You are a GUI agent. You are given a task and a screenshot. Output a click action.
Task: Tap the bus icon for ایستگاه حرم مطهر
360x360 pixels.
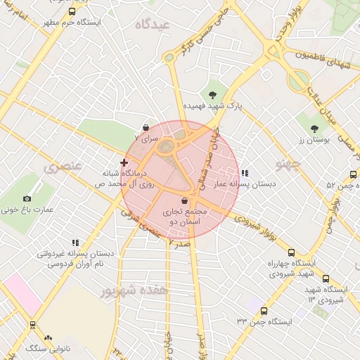coord(72,11)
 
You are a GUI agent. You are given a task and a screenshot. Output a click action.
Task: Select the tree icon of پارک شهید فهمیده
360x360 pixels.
coord(212,94)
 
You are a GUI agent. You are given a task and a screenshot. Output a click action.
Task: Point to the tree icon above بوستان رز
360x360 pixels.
coord(314,129)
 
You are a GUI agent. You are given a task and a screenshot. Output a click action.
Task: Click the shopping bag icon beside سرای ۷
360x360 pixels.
coord(146,127)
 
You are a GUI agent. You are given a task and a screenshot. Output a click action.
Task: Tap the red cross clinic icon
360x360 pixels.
coord(124,162)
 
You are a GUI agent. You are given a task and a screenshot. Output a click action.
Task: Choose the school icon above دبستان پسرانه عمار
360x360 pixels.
coord(245,172)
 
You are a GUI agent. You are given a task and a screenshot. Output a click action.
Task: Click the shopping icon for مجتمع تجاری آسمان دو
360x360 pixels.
coord(184,200)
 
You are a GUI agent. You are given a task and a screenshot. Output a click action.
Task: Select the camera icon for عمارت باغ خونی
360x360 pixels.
coord(27,199)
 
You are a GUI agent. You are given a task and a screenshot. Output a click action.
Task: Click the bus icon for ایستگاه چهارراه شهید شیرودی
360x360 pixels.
coord(291,252)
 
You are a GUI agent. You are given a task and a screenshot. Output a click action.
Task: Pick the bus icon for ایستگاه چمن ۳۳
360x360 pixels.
coord(264,311)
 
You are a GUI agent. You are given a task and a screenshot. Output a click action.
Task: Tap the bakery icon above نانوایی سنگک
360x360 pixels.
coord(49,337)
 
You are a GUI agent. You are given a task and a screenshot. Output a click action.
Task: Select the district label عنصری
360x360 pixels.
coord(63,167)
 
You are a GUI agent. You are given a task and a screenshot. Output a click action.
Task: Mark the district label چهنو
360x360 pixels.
coord(288,165)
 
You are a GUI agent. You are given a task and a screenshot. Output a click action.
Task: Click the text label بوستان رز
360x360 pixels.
coord(314,140)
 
